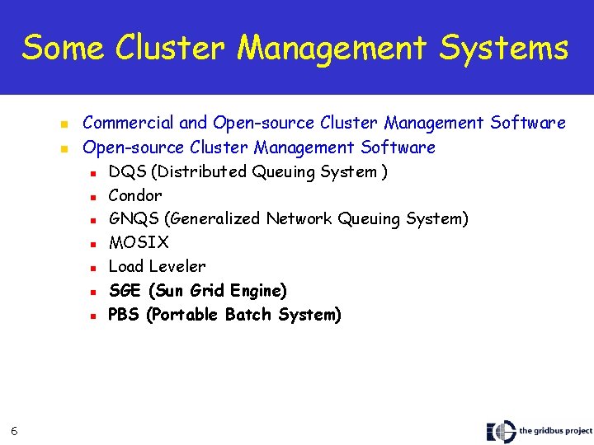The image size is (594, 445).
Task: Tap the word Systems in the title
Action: pyautogui.click(x=504, y=48)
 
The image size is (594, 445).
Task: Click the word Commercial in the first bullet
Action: pyautogui.click(x=129, y=124)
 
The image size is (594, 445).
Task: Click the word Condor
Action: pyautogui.click(x=135, y=196)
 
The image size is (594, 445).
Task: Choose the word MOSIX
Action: pyautogui.click(x=139, y=243)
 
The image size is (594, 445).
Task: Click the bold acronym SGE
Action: pyautogui.click(x=125, y=291)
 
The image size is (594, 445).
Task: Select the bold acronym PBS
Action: pyautogui.click(x=125, y=315)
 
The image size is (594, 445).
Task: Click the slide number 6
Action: pyautogui.click(x=15, y=428)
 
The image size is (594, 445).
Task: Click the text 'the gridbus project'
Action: pyautogui.click(x=555, y=431)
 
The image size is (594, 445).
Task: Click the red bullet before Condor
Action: pyautogui.click(x=93, y=197)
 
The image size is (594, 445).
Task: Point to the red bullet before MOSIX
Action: pyautogui.click(x=93, y=244)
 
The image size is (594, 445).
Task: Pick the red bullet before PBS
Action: pyautogui.click(x=93, y=316)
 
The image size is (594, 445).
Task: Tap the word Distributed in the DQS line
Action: pyautogui.click(x=200, y=172)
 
